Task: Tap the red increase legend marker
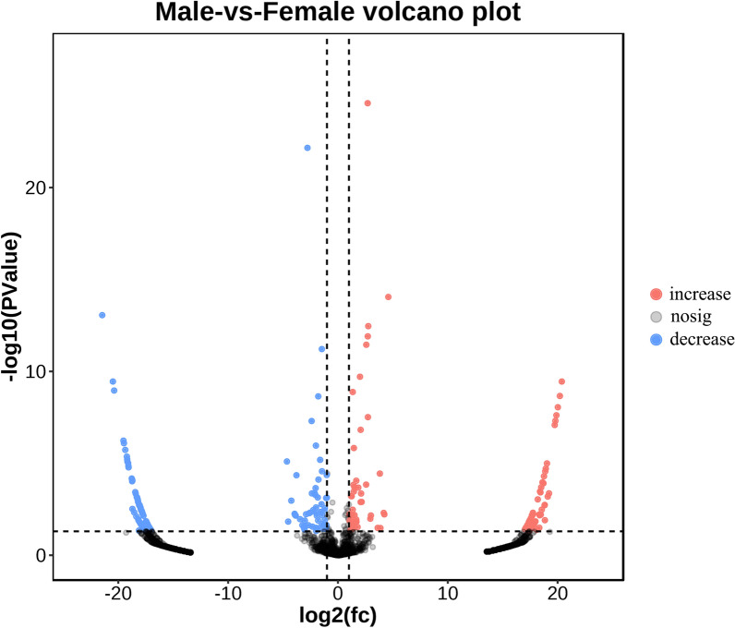tap(656, 295)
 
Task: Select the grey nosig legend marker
tap(656, 317)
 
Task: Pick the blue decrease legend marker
tap(656, 339)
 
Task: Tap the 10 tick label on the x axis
tap(448, 593)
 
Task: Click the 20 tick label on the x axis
tap(558, 593)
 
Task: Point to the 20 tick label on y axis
tap(35, 187)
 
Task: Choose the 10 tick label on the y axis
tap(35, 371)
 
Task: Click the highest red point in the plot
tap(367, 103)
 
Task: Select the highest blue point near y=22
tap(307, 148)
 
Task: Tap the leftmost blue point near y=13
tap(102, 315)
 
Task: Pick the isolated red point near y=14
tap(389, 296)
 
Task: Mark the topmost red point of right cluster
tap(561, 381)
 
